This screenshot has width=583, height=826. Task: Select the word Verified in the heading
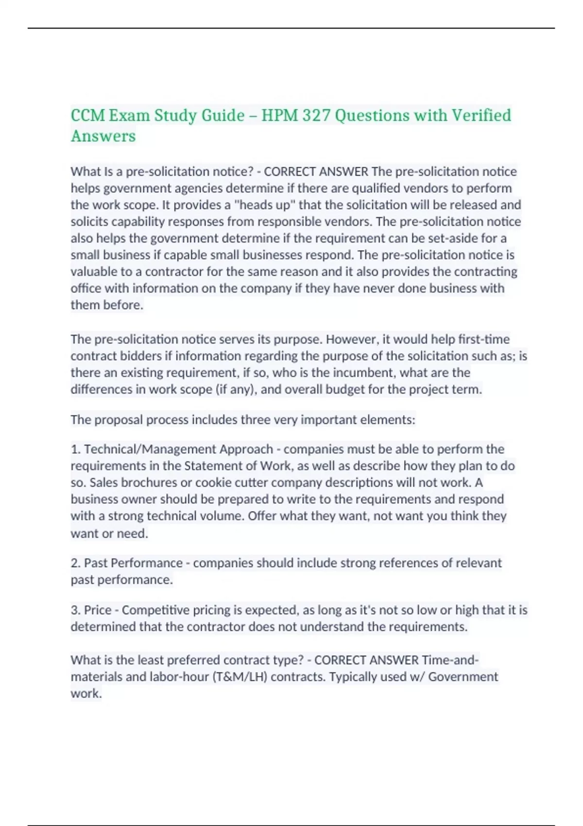[481, 115]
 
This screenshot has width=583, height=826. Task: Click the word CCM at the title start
[87, 115]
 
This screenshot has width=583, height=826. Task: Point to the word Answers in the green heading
[103, 136]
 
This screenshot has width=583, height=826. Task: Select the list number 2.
[75, 563]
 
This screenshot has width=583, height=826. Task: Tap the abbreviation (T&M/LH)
[240, 677]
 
